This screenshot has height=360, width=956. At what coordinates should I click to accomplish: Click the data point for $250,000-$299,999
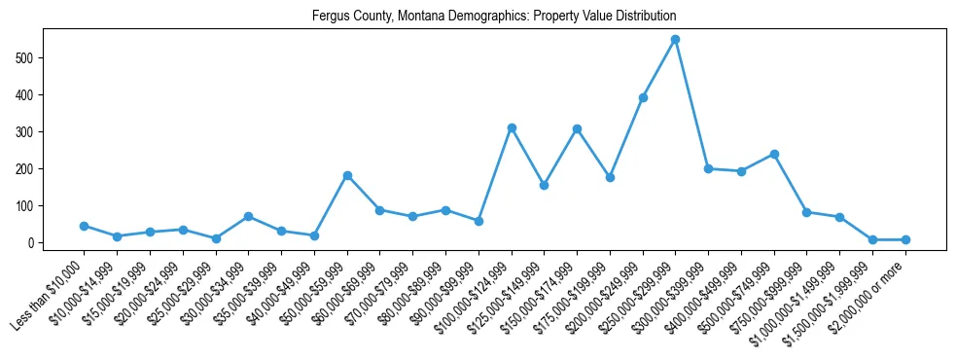(x=675, y=40)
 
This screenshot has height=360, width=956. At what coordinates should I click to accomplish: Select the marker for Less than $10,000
(x=84, y=226)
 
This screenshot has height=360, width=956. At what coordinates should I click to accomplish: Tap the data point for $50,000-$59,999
(x=346, y=176)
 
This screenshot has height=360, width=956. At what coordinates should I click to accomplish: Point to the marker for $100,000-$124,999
(x=511, y=127)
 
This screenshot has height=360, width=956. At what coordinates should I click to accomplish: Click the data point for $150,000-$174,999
(x=577, y=128)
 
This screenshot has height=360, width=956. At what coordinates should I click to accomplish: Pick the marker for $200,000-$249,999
(x=642, y=97)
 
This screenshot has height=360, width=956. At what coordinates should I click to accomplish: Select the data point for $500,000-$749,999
(x=774, y=154)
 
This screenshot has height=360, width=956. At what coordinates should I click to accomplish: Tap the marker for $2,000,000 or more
(x=905, y=239)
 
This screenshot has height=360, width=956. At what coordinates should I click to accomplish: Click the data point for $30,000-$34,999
(x=248, y=216)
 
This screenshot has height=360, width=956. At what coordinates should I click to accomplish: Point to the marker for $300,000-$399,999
(x=708, y=168)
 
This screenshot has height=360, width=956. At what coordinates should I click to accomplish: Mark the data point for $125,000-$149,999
(x=544, y=185)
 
